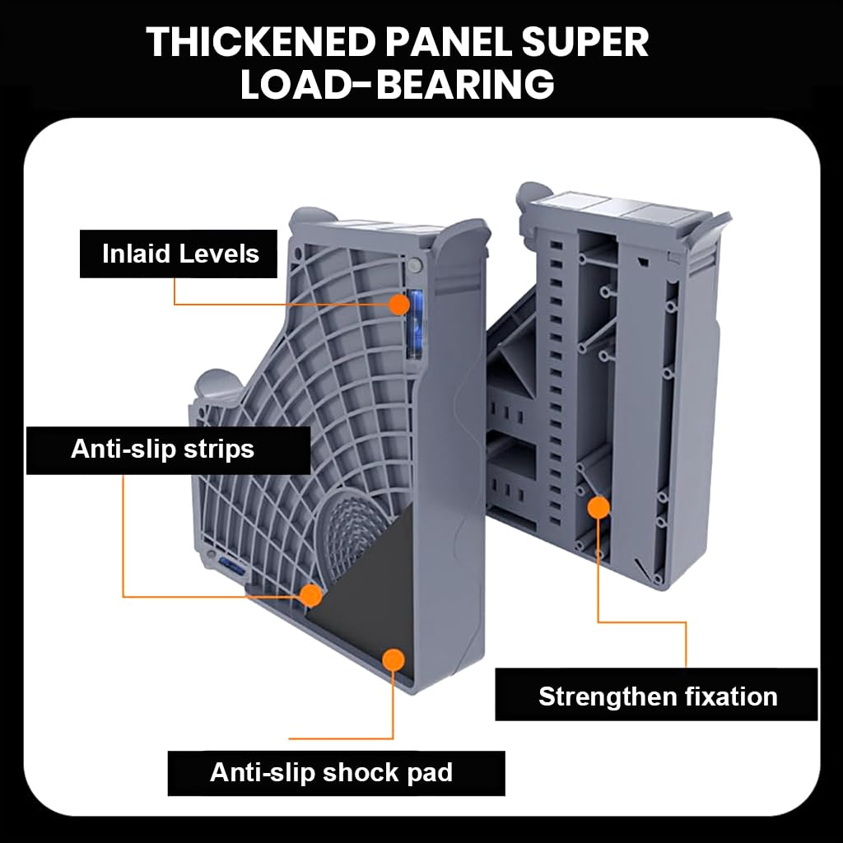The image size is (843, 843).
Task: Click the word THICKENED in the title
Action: (261, 42)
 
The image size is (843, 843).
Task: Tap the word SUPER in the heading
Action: (585, 42)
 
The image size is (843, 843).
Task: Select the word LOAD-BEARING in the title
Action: (397, 85)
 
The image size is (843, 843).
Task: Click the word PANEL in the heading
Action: (449, 42)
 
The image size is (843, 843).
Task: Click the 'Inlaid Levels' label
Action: (179, 254)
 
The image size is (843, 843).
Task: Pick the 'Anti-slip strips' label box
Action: (168, 450)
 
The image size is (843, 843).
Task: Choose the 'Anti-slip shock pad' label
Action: (337, 773)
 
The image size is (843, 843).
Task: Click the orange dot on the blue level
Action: (399, 305)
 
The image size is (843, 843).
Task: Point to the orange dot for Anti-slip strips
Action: (310, 595)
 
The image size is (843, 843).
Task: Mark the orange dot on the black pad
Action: (394, 659)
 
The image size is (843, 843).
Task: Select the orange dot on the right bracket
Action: (598, 507)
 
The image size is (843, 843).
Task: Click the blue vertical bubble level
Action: (415, 324)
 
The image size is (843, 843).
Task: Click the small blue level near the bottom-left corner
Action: (231, 566)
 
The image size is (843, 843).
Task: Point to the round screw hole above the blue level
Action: (415, 264)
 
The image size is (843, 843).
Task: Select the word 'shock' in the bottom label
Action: (360, 772)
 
